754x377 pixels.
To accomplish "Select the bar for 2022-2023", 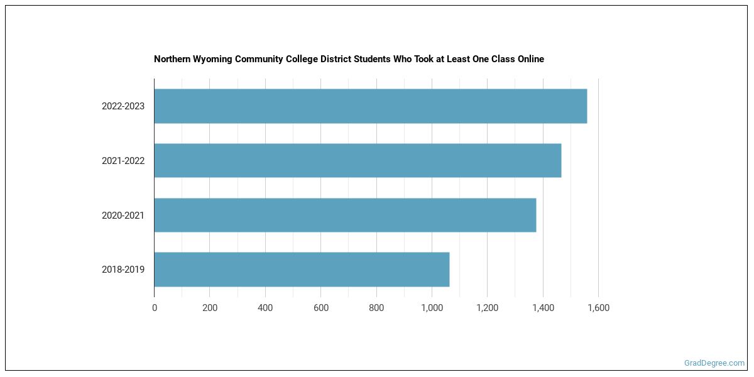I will coord(371,106).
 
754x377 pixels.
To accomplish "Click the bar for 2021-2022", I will coord(358,160).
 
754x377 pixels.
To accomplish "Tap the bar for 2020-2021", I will coord(345,215).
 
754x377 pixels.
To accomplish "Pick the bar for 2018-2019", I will coord(302,270).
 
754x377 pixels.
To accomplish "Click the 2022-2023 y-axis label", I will coord(123,106).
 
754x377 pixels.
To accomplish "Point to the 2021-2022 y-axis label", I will coord(123,161).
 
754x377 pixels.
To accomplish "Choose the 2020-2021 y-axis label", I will coord(123,216).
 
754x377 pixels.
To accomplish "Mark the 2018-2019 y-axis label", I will coord(123,270).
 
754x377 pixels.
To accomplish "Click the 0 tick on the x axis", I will coord(155,308).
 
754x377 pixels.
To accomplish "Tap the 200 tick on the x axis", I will coord(210,308).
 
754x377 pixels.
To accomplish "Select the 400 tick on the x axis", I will coord(265,308).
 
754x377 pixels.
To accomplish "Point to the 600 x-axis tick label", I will coord(320,308).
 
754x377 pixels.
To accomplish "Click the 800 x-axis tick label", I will coord(376,308).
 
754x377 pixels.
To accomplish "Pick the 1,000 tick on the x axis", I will coord(432,308).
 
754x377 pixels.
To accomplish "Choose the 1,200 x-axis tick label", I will coord(487,308).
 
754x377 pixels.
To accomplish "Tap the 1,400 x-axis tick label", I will coord(543,308).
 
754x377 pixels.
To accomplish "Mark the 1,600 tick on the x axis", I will coord(598,308).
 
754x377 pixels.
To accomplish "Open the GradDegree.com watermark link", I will coord(714,363).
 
